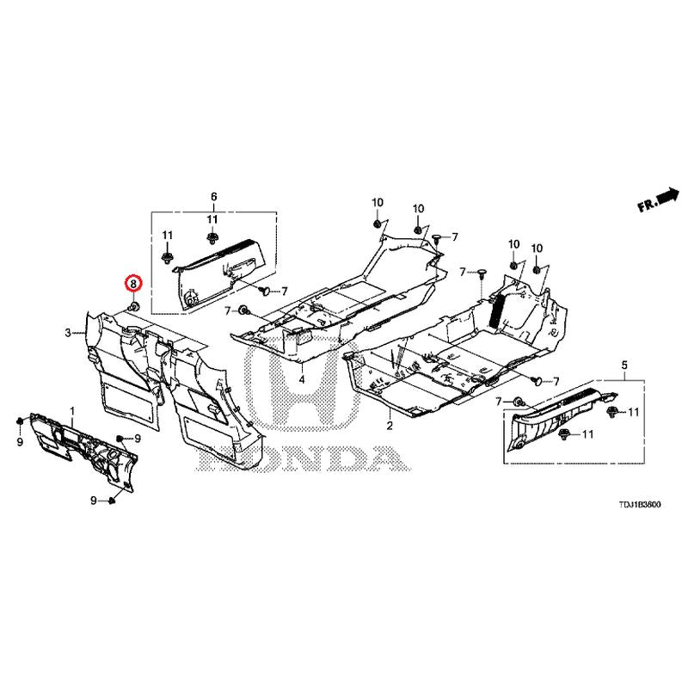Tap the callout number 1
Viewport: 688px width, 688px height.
click(73, 411)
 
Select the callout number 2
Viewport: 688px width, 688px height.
click(390, 425)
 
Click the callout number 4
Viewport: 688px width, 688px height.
click(302, 379)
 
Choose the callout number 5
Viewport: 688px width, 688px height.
click(624, 365)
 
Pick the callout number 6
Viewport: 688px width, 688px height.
click(213, 197)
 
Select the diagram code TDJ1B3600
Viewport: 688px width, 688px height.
click(639, 505)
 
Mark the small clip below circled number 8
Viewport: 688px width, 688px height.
click(134, 306)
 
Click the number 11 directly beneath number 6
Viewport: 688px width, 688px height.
click(212, 219)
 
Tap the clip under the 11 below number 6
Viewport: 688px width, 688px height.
click(212, 238)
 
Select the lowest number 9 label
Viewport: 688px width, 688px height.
click(94, 501)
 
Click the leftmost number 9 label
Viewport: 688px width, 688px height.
click(20, 441)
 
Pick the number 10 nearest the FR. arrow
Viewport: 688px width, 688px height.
click(537, 249)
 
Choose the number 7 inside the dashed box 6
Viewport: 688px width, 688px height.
click(284, 291)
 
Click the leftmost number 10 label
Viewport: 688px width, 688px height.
click(378, 202)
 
